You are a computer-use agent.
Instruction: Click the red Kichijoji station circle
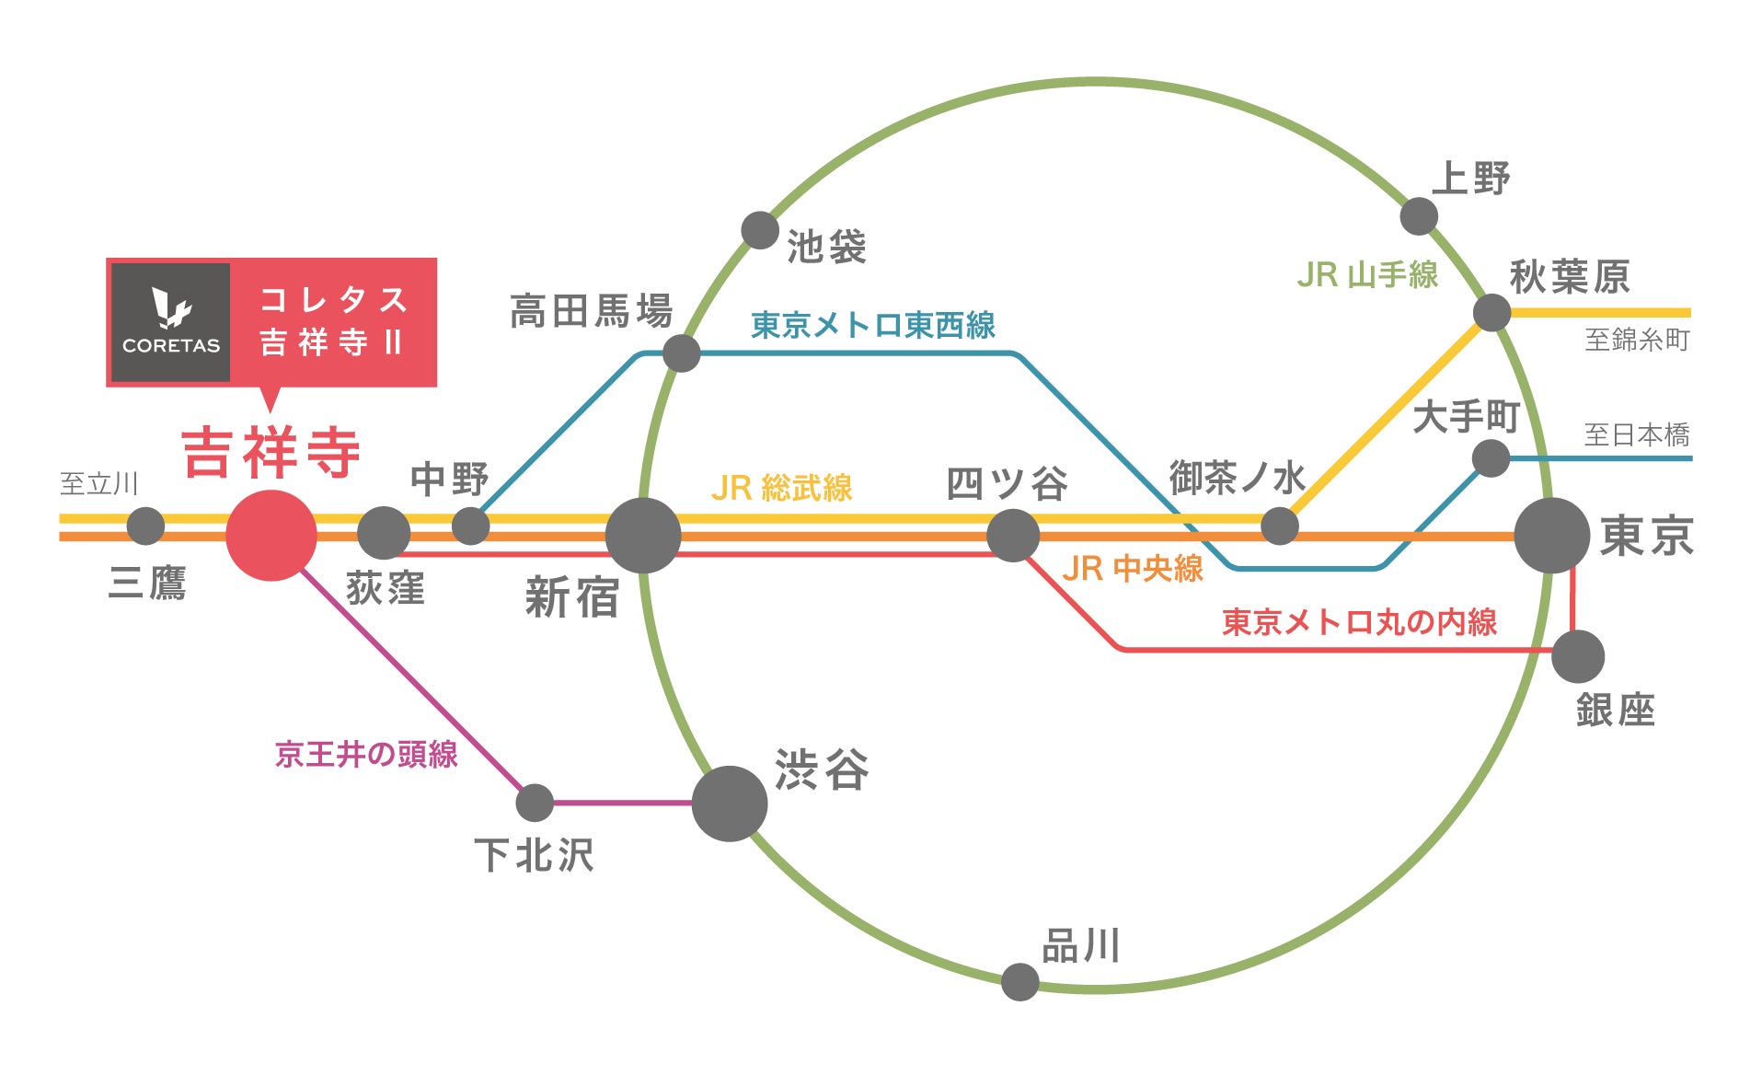271,536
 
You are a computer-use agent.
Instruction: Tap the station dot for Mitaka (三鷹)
145,526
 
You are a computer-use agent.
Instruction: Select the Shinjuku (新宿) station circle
643,536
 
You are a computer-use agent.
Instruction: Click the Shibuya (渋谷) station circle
730,804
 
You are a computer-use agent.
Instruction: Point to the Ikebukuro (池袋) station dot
760,230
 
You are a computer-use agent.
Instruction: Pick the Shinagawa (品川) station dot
1019,982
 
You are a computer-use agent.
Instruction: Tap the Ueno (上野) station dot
1419,216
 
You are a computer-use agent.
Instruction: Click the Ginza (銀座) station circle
1578,656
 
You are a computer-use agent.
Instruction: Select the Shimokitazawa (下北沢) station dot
535,803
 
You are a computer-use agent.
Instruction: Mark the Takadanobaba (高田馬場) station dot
681,353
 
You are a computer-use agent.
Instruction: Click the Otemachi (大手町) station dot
1491,458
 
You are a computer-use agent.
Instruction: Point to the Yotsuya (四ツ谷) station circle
1013,536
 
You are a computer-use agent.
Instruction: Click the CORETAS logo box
171,322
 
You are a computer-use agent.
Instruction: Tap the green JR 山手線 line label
1367,274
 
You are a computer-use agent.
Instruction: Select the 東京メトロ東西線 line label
873,325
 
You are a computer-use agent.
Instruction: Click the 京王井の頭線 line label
366,755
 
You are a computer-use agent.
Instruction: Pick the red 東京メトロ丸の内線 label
1359,622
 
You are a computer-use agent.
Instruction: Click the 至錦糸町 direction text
1637,340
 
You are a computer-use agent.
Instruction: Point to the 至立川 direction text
98,483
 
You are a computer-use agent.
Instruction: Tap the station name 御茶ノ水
1237,478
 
